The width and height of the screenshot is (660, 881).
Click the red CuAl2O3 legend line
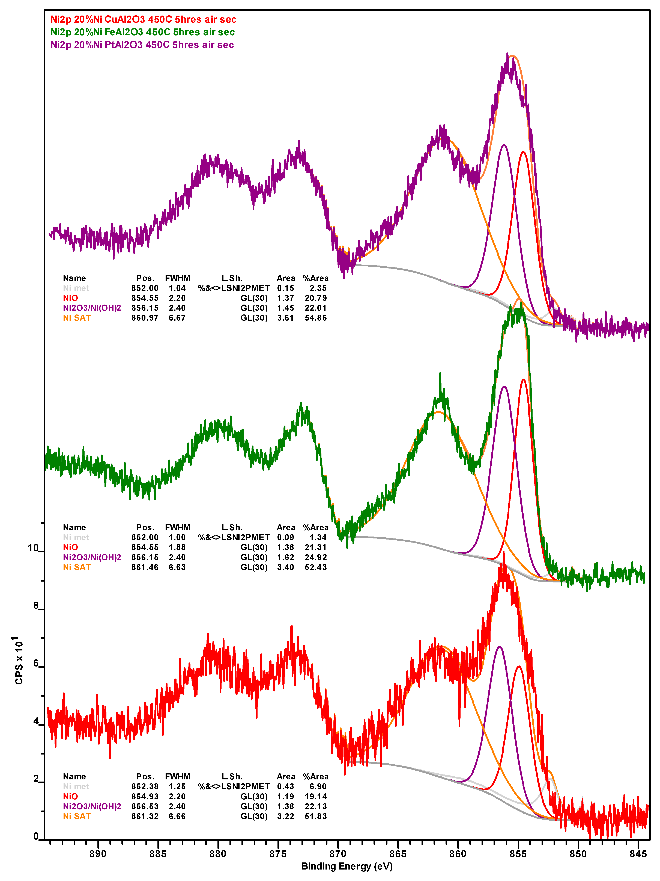point(143,19)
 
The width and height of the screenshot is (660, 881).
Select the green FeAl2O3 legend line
point(142,32)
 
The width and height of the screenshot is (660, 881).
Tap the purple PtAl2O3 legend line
point(142,45)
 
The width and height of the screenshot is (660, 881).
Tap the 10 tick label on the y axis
point(33,548)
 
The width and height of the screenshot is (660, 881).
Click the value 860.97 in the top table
point(145,318)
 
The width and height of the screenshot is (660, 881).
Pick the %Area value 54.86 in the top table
point(316,318)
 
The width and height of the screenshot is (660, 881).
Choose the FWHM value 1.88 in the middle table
point(177,547)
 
